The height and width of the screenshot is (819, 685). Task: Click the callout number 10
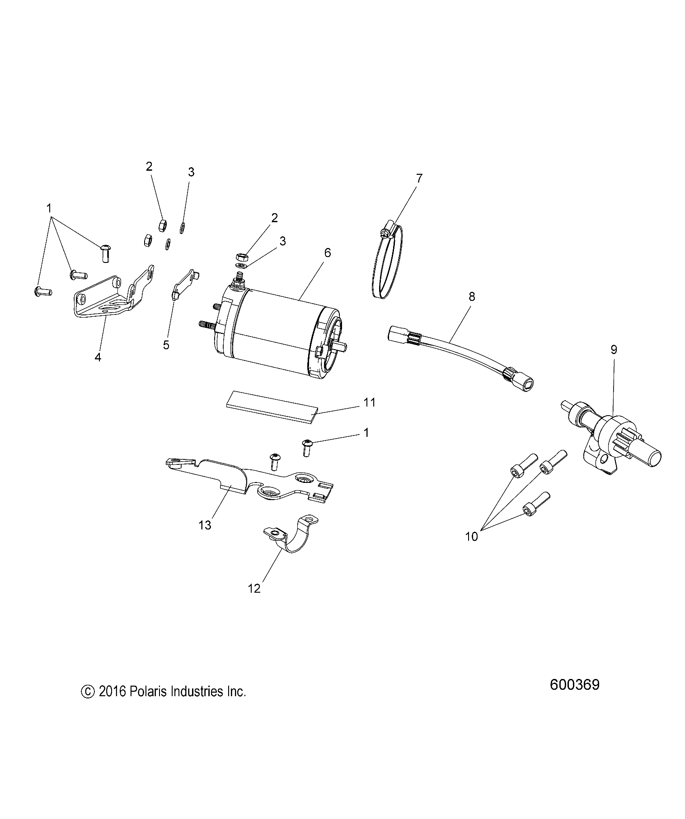(x=471, y=537)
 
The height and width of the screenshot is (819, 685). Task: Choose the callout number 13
(x=205, y=525)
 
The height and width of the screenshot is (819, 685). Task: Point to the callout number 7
(x=419, y=178)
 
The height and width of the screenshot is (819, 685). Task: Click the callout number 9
(x=614, y=350)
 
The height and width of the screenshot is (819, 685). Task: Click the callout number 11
(x=370, y=402)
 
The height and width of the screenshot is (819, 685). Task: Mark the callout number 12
(x=254, y=588)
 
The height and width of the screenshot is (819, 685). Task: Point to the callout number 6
(x=327, y=253)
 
